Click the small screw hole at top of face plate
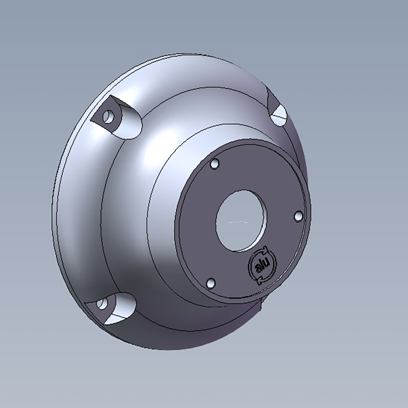215,164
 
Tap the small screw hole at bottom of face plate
211,283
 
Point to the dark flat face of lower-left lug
98,308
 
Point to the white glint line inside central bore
237,222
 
